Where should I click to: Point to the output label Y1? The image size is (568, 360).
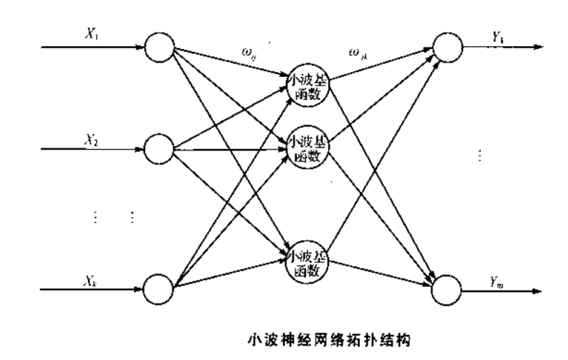coord(497,34)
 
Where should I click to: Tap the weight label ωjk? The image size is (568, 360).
coord(356,52)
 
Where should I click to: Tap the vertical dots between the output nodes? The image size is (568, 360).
coord(479,155)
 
